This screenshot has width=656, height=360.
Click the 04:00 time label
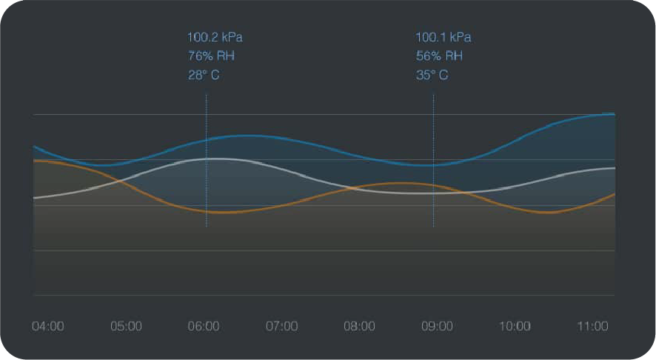(x=47, y=326)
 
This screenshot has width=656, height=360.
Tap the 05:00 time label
(x=126, y=326)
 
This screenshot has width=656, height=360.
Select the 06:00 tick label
(x=204, y=326)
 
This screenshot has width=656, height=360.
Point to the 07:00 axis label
(x=281, y=326)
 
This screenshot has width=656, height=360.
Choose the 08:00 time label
(x=359, y=326)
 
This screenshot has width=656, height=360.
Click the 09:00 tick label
(x=437, y=326)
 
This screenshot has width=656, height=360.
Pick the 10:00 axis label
(x=515, y=326)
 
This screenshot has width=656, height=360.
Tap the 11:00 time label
(x=592, y=326)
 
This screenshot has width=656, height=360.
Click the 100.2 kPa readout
(x=215, y=37)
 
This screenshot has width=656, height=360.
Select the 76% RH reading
(x=211, y=56)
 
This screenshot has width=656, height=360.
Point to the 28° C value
(x=204, y=75)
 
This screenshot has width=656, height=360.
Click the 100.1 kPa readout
(x=443, y=37)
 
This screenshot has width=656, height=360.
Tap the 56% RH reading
(x=439, y=56)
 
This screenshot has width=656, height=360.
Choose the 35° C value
(x=432, y=75)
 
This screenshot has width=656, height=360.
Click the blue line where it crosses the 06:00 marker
(x=207, y=139)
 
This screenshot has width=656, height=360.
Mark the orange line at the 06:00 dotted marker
(x=207, y=211)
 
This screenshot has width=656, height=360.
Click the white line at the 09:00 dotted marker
(x=433, y=193)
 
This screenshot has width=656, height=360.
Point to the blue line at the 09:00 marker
(x=433, y=165)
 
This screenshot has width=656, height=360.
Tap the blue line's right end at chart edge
(x=614, y=114)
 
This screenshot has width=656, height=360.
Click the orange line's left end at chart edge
(x=35, y=160)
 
